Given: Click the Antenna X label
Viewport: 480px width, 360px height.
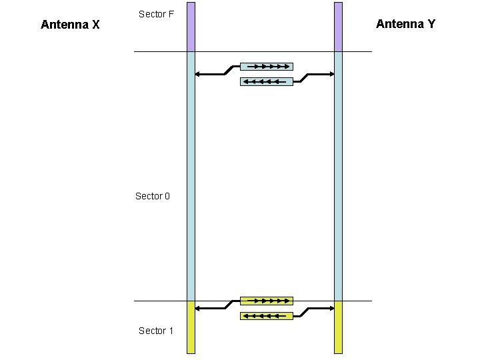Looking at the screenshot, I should pyautogui.click(x=70, y=25).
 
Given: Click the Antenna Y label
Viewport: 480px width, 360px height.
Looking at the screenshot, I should pyautogui.click(x=405, y=24).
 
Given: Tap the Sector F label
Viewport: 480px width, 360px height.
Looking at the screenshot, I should pyautogui.click(x=156, y=14).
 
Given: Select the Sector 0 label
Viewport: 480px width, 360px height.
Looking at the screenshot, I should pyautogui.click(x=153, y=196).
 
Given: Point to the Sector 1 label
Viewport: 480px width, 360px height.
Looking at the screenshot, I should pyautogui.click(x=156, y=331).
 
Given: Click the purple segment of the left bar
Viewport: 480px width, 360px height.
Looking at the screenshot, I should pyautogui.click(x=191, y=27).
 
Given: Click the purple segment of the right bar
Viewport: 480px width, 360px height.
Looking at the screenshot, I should pyautogui.click(x=338, y=27).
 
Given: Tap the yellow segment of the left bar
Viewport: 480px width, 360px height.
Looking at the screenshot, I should pyautogui.click(x=191, y=327).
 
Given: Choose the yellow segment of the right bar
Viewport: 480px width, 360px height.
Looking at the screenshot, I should pyautogui.click(x=338, y=327).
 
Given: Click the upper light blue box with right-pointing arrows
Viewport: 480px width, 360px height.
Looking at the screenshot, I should pyautogui.click(x=266, y=67).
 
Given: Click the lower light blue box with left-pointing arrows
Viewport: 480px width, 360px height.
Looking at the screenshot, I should pyautogui.click(x=266, y=82).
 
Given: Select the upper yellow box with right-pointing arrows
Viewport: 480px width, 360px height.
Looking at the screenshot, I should pyautogui.click(x=266, y=301).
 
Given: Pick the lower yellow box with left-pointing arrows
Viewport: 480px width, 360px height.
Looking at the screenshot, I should pyautogui.click(x=266, y=316).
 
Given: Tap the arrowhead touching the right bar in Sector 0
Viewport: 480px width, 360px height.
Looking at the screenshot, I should pyautogui.click(x=331, y=74).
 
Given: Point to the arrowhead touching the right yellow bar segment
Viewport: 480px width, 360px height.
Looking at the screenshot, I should pyautogui.click(x=331, y=308).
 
